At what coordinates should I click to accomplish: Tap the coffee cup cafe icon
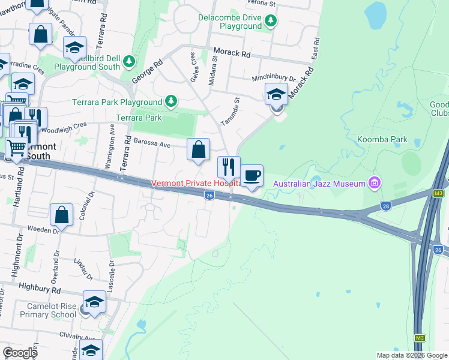(252, 176)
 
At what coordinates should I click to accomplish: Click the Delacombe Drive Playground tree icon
(271, 22)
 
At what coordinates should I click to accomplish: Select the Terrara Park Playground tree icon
(172, 101)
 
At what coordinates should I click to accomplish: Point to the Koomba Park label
(399, 140)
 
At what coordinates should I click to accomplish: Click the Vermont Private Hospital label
(196, 183)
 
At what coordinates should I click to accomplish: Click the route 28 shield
(385, 206)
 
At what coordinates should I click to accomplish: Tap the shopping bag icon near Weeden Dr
(61, 214)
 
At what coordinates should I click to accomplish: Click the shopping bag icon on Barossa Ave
(198, 149)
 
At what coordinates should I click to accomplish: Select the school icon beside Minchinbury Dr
(276, 94)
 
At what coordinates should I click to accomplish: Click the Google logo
(20, 353)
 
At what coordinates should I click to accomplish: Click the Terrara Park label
(139, 118)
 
